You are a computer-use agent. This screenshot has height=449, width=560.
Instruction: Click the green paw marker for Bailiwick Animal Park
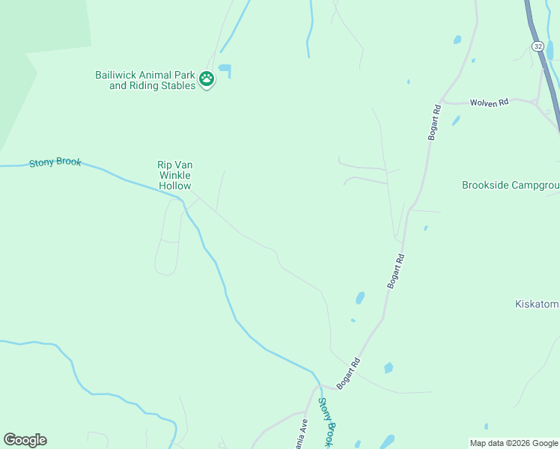[207, 78]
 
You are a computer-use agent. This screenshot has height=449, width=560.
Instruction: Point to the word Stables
[177, 85]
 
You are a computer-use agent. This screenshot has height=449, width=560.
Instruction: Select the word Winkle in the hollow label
[174, 175]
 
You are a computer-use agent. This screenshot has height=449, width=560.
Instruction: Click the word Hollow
[174, 186]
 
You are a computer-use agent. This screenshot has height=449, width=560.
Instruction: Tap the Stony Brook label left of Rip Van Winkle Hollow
[55, 162]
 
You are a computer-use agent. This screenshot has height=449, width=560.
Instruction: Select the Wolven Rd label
[489, 102]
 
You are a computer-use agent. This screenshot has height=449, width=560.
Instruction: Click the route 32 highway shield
[538, 46]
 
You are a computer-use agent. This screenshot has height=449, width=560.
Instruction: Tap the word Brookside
[488, 185]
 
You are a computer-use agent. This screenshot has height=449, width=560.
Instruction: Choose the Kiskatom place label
[537, 304]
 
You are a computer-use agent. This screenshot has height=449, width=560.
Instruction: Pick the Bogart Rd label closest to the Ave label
[349, 373]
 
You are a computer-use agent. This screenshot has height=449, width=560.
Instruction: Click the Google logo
[25, 440]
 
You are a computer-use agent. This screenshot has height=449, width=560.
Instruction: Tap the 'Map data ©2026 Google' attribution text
[514, 443]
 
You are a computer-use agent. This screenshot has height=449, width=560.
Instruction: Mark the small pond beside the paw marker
[225, 70]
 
